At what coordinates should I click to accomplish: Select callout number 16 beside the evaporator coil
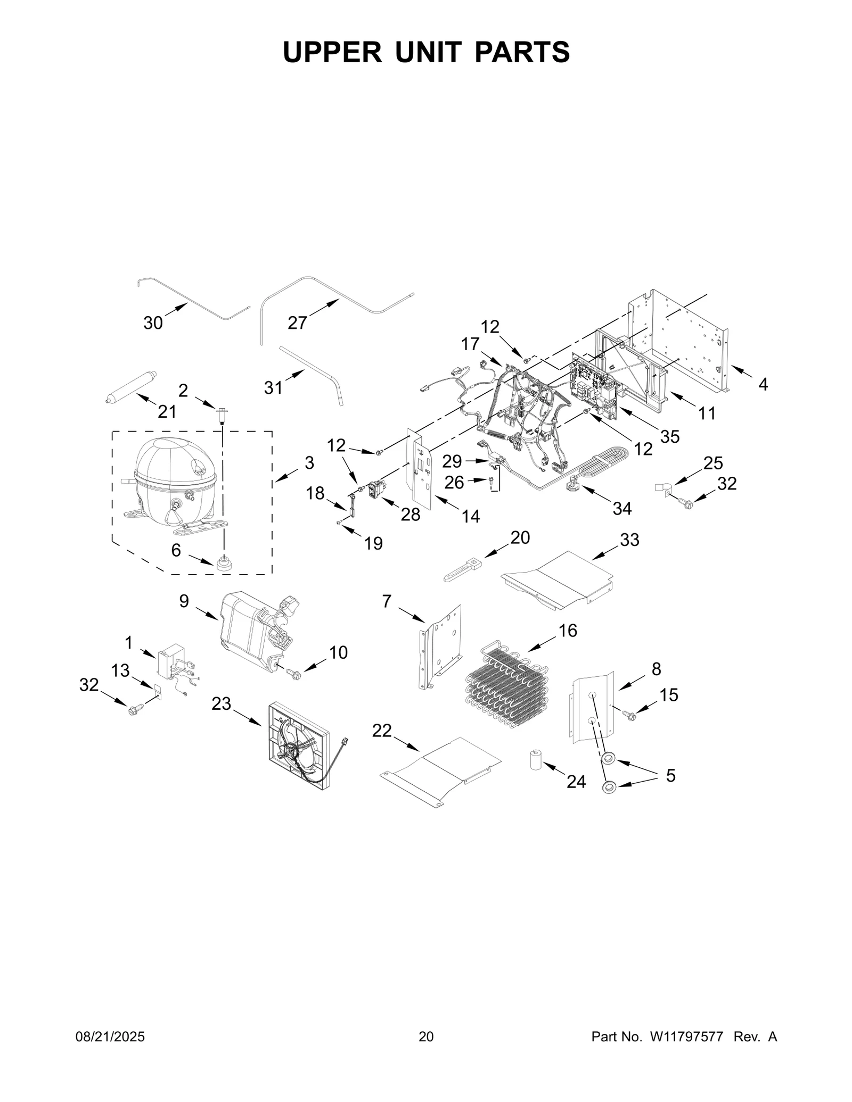(568, 631)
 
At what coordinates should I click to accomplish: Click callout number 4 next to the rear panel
(763, 384)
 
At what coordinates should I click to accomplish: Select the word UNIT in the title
(429, 52)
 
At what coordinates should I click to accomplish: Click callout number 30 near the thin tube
(153, 322)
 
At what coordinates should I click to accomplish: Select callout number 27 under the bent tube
(297, 322)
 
